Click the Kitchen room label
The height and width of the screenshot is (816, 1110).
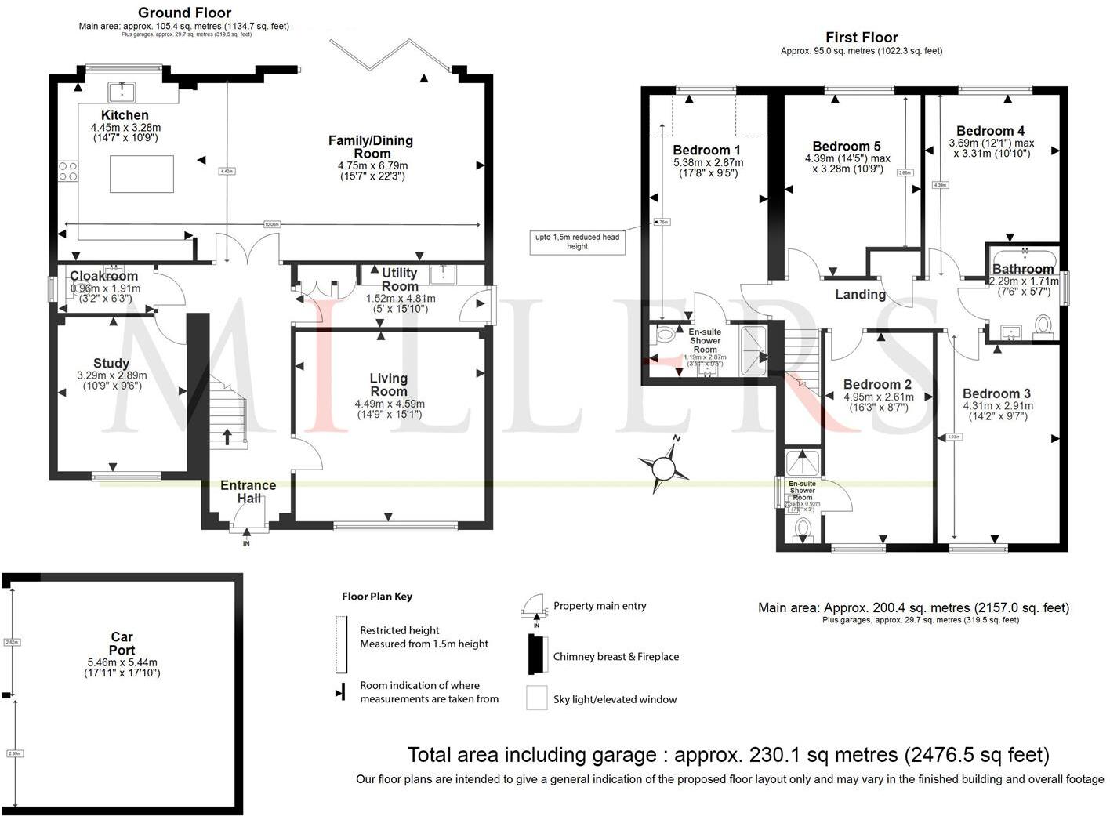[x=125, y=115]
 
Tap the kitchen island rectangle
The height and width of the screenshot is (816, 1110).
[x=141, y=174]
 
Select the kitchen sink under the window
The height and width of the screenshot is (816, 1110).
[x=122, y=92]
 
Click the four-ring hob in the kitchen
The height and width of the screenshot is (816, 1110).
[x=67, y=171]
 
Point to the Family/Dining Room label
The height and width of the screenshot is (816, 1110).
[x=371, y=147]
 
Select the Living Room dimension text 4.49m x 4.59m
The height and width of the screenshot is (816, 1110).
[x=389, y=404]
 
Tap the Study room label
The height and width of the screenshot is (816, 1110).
[x=111, y=364]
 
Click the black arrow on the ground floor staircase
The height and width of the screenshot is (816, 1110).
[x=228, y=436]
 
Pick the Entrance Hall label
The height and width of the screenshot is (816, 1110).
[x=248, y=491]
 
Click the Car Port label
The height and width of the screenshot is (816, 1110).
[x=122, y=644]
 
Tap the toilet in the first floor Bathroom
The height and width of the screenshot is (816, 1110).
[x=1043, y=325]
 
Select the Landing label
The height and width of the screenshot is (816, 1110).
[x=860, y=295]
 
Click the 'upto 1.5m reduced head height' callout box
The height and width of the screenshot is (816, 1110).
[x=577, y=241]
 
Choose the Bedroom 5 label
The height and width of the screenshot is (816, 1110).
[x=846, y=147]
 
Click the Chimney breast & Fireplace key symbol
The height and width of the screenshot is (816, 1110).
[x=536, y=655]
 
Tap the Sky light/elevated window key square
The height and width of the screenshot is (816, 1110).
[x=536, y=698]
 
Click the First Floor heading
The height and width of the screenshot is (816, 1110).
[x=861, y=37]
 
